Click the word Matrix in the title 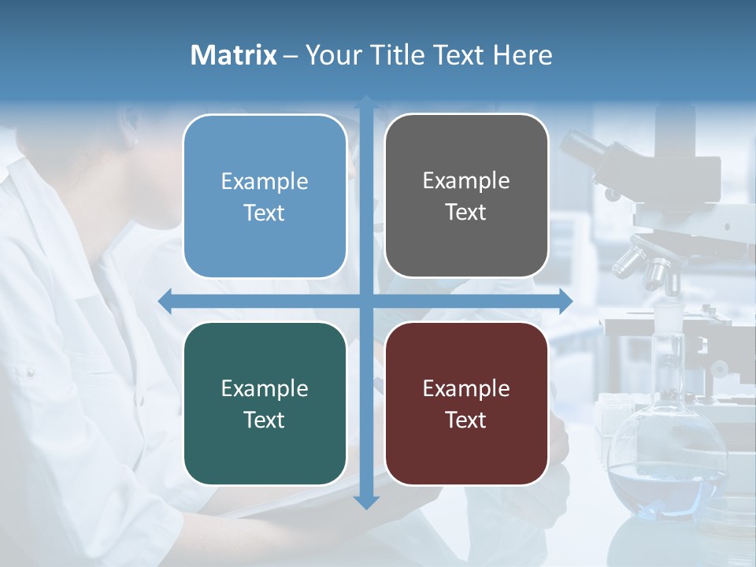(x=233, y=55)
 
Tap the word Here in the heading (x=522, y=55)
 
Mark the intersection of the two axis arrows (x=366, y=301)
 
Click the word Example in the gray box (x=466, y=181)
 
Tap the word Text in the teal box (x=265, y=420)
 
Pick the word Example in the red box (x=466, y=388)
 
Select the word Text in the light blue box (x=265, y=213)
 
